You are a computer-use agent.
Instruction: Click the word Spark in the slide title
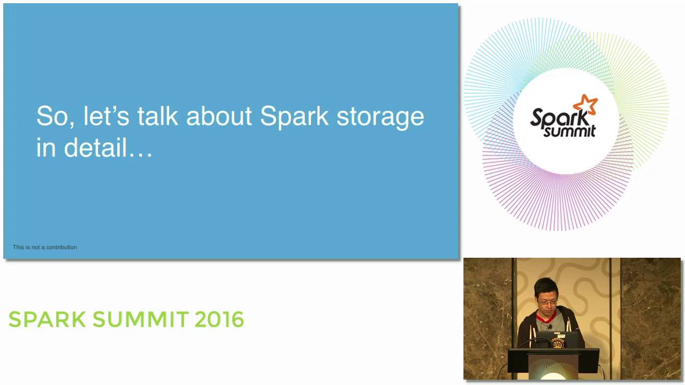(x=294, y=117)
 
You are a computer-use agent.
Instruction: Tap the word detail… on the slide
(x=108, y=148)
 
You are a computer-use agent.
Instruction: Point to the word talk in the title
(x=157, y=116)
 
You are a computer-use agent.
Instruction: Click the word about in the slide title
(x=219, y=116)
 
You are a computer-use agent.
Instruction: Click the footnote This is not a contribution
(x=44, y=247)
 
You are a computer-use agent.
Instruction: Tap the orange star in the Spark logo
(x=585, y=104)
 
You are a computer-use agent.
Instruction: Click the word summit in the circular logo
(x=569, y=132)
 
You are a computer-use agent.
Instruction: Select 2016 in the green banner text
(x=219, y=319)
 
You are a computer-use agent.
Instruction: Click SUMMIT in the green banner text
(x=140, y=319)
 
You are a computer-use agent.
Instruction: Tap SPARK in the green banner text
(x=47, y=319)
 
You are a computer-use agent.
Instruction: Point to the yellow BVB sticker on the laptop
(x=558, y=343)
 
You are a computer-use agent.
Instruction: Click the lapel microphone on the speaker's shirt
(x=550, y=327)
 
